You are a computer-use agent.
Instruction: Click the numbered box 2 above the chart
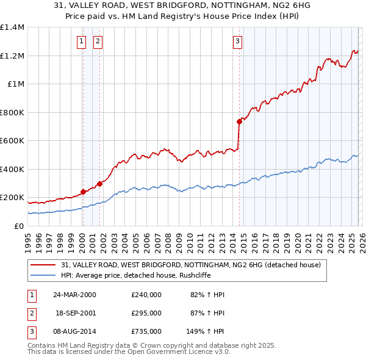98,41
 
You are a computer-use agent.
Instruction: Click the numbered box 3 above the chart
237,41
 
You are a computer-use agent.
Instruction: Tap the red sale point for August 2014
239,121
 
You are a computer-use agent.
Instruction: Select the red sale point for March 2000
83,192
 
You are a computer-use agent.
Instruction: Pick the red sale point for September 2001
99,184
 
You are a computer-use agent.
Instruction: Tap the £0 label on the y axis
18,226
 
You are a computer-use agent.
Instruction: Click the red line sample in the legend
44,265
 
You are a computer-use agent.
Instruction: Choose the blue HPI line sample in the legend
44,275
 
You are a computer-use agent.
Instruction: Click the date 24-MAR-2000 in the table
75,295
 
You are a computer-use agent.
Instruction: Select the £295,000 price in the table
146,313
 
